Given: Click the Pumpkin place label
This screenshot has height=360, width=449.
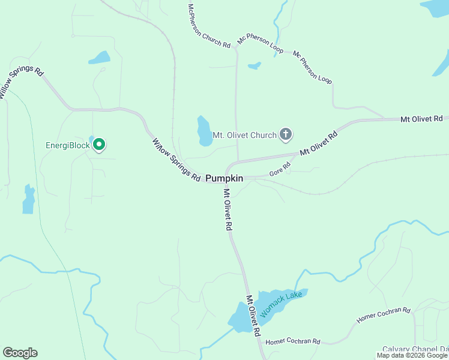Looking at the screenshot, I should pos(224,178).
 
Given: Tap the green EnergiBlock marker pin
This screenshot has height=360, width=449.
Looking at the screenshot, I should pos(100,145).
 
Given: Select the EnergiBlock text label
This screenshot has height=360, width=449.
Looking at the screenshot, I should pos(68,145).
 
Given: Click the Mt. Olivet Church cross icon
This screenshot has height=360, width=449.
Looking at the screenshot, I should pos(286,134).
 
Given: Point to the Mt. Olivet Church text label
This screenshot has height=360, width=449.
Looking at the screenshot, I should pos(245,135).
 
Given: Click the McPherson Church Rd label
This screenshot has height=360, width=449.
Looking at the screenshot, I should pos(209,26).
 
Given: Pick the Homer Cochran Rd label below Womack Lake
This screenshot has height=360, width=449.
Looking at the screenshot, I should pos(293,341).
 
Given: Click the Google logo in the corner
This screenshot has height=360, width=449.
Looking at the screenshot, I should pos(20,353).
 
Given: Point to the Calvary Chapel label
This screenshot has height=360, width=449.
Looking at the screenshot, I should pos(416,350).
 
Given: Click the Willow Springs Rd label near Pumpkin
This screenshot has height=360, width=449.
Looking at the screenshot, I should pos(176,160).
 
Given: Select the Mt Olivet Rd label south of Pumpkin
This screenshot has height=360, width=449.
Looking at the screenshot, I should pos(228,210).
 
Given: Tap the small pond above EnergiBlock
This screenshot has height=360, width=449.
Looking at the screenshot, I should pos(100,58).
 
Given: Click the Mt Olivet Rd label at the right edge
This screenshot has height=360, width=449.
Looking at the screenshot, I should pos(421,119).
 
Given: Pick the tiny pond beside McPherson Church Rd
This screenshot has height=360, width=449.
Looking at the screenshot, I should pos(255,65).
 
